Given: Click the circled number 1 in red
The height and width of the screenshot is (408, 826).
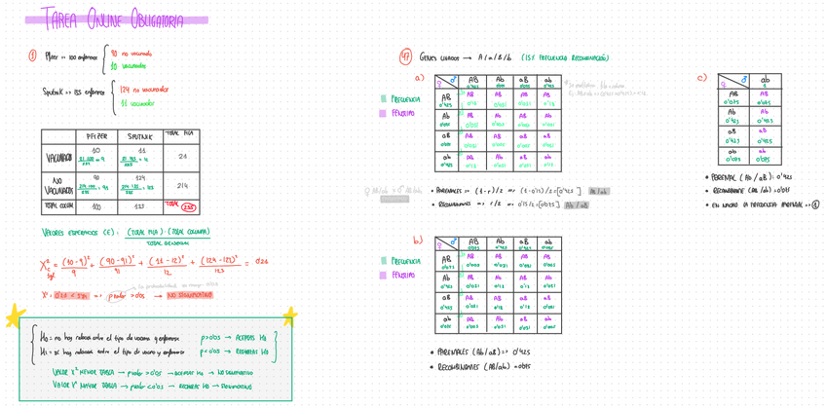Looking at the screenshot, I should [x=33, y=56].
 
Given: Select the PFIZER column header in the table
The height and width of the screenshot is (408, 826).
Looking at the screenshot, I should [x=96, y=136].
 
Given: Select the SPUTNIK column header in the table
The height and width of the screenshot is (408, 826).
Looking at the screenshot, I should [x=142, y=136].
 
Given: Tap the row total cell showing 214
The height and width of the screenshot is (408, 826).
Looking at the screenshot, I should [x=182, y=185].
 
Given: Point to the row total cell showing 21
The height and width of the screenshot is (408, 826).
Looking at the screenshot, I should [x=182, y=156].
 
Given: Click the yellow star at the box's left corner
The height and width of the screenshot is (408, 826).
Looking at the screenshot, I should [x=15, y=315].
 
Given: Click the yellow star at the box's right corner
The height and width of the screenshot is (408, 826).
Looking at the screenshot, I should [x=289, y=315].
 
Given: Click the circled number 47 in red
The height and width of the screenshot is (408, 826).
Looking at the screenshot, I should [x=405, y=57].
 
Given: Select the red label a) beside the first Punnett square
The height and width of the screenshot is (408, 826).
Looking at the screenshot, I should [x=419, y=78].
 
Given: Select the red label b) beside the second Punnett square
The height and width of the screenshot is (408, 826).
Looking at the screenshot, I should [x=418, y=240].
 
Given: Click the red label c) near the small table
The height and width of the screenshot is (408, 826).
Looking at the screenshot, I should [x=701, y=78].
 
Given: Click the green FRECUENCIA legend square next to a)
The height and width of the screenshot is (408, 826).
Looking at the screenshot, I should [x=383, y=99].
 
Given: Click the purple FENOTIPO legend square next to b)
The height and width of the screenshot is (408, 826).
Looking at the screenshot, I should [x=383, y=276].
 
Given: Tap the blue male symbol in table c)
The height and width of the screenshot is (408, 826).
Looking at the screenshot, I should [x=745, y=81].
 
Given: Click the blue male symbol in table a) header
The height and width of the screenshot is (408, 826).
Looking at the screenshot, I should [x=452, y=80].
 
